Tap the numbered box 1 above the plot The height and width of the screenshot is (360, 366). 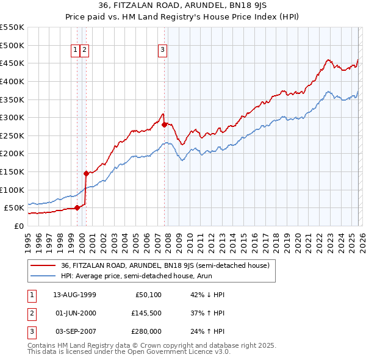tap(75, 51)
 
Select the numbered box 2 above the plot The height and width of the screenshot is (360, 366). tap(84, 51)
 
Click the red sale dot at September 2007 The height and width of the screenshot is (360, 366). tap(165, 124)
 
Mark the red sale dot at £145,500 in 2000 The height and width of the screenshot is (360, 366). tap(86, 173)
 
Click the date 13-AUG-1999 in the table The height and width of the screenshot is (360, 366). tap(74, 295)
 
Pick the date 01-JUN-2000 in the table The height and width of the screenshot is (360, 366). tap(74, 313)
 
